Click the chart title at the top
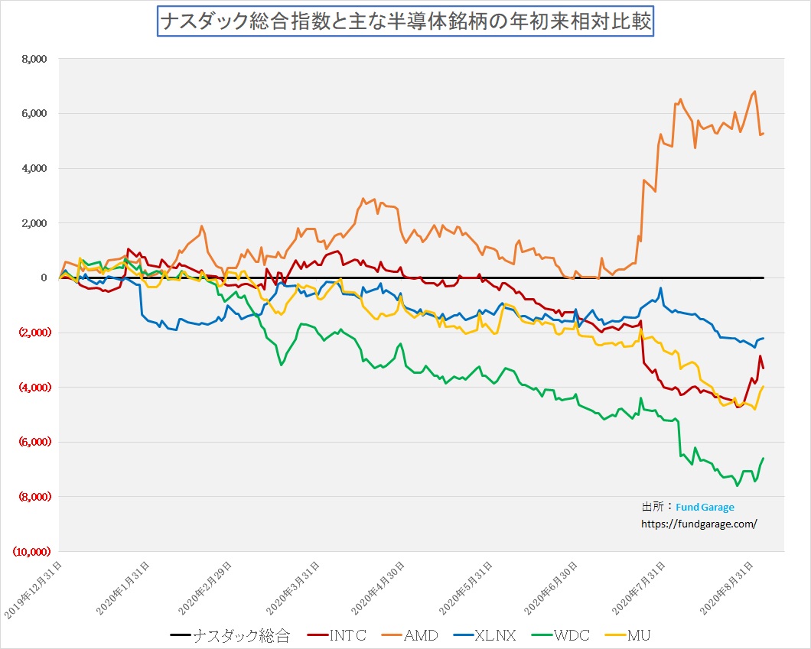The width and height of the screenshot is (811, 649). point(405,21)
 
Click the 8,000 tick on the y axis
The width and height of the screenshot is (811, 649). point(34,59)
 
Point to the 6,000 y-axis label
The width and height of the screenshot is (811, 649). point(34,114)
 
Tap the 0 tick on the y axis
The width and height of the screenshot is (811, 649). point(44,278)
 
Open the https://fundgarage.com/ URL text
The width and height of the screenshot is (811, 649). point(699,524)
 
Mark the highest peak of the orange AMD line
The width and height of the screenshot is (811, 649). point(755,92)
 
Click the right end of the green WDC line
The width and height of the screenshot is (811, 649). point(764,458)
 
